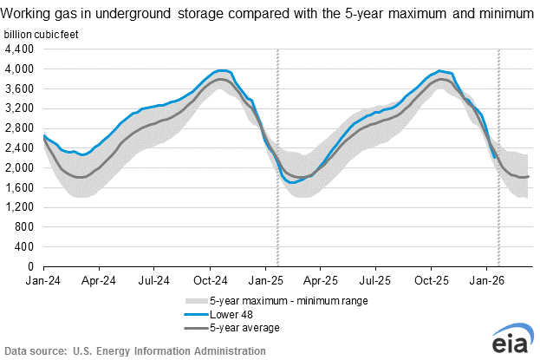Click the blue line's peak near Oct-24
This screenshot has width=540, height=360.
(222, 70)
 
